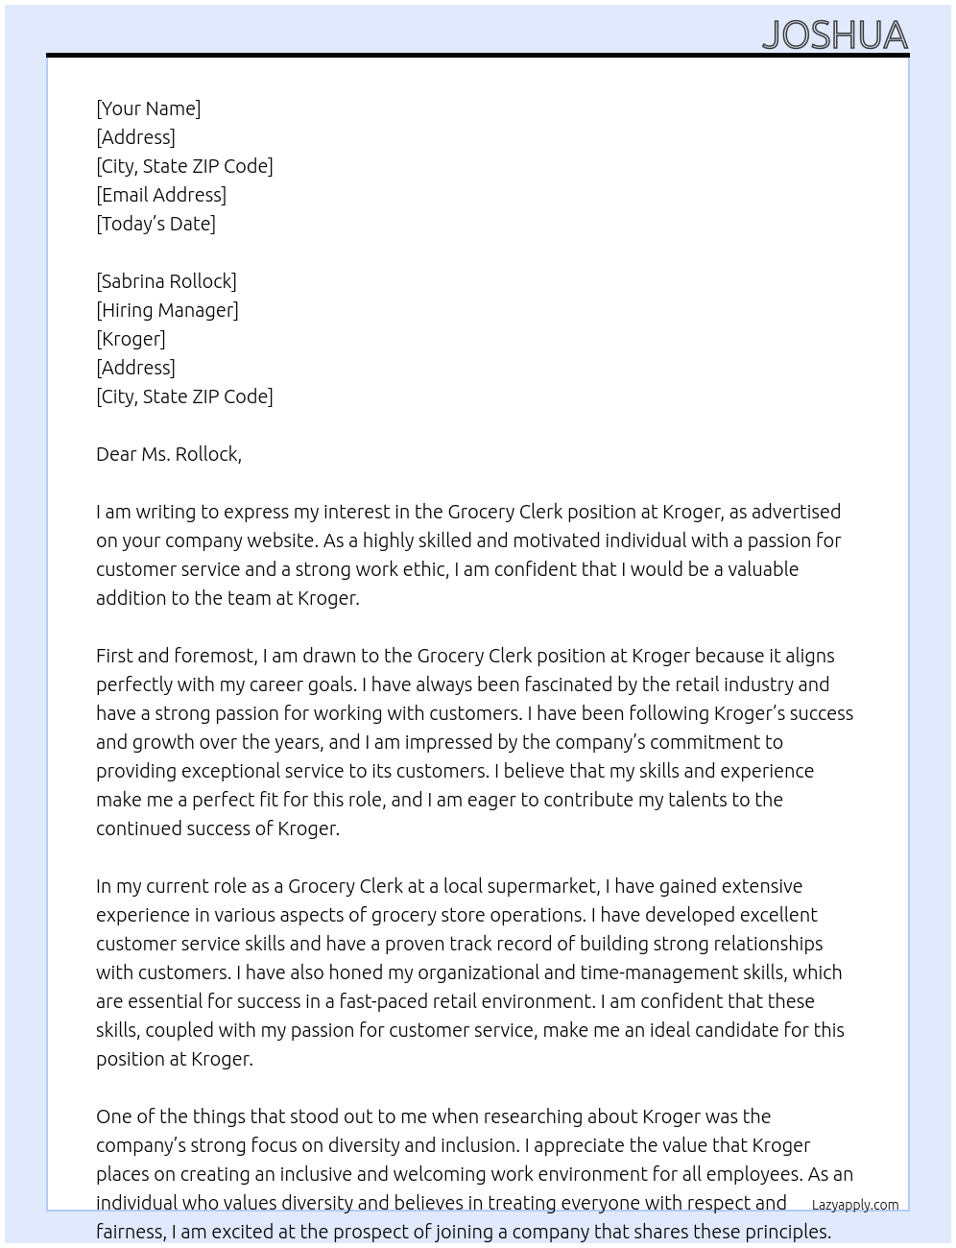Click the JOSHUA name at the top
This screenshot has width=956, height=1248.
click(x=834, y=36)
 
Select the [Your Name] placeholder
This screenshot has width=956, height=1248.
click(x=148, y=108)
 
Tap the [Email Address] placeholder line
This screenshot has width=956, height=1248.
click(x=161, y=195)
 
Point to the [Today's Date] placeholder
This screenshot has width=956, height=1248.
click(x=155, y=224)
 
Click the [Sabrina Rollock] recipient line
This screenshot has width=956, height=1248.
click(x=166, y=281)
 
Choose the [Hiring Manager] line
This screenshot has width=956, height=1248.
click(x=167, y=310)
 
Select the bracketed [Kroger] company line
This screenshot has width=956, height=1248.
click(x=131, y=339)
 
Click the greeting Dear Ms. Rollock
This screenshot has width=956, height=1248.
click(x=169, y=454)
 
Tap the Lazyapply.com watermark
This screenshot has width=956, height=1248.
click(x=854, y=1205)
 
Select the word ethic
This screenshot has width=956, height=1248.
click(x=423, y=569)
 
